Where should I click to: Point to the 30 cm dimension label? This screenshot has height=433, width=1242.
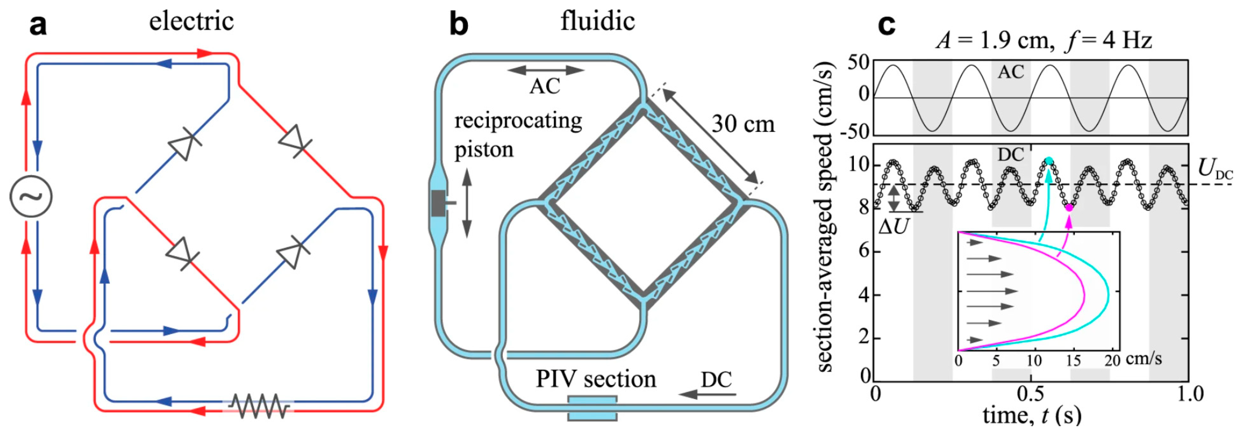(742, 124)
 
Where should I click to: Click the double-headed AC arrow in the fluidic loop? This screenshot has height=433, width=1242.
(546, 70)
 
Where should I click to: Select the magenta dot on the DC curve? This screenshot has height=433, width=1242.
(1069, 207)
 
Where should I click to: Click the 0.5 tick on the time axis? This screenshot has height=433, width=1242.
(1030, 394)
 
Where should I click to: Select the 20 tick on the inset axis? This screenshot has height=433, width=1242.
(1112, 360)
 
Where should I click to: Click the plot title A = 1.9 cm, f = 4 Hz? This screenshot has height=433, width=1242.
(1044, 40)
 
